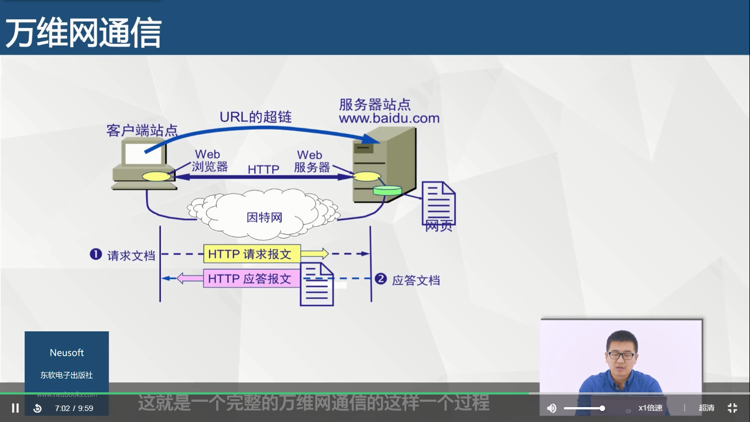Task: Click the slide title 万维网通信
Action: (x=83, y=33)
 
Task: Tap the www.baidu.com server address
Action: (x=389, y=118)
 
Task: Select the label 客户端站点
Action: (x=142, y=131)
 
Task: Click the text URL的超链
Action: (x=255, y=116)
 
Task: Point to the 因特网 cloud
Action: (x=264, y=218)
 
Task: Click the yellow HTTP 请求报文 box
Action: (x=252, y=254)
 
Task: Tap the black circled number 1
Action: (x=96, y=254)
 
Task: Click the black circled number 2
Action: (x=380, y=279)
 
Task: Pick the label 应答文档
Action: (x=416, y=280)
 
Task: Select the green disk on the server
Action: (x=387, y=191)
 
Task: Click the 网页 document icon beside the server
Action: (x=438, y=204)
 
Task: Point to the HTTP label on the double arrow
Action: (x=264, y=169)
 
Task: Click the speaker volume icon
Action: (x=552, y=408)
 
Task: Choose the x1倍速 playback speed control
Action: (x=650, y=408)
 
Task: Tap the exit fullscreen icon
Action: (x=732, y=408)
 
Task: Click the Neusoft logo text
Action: (x=66, y=353)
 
